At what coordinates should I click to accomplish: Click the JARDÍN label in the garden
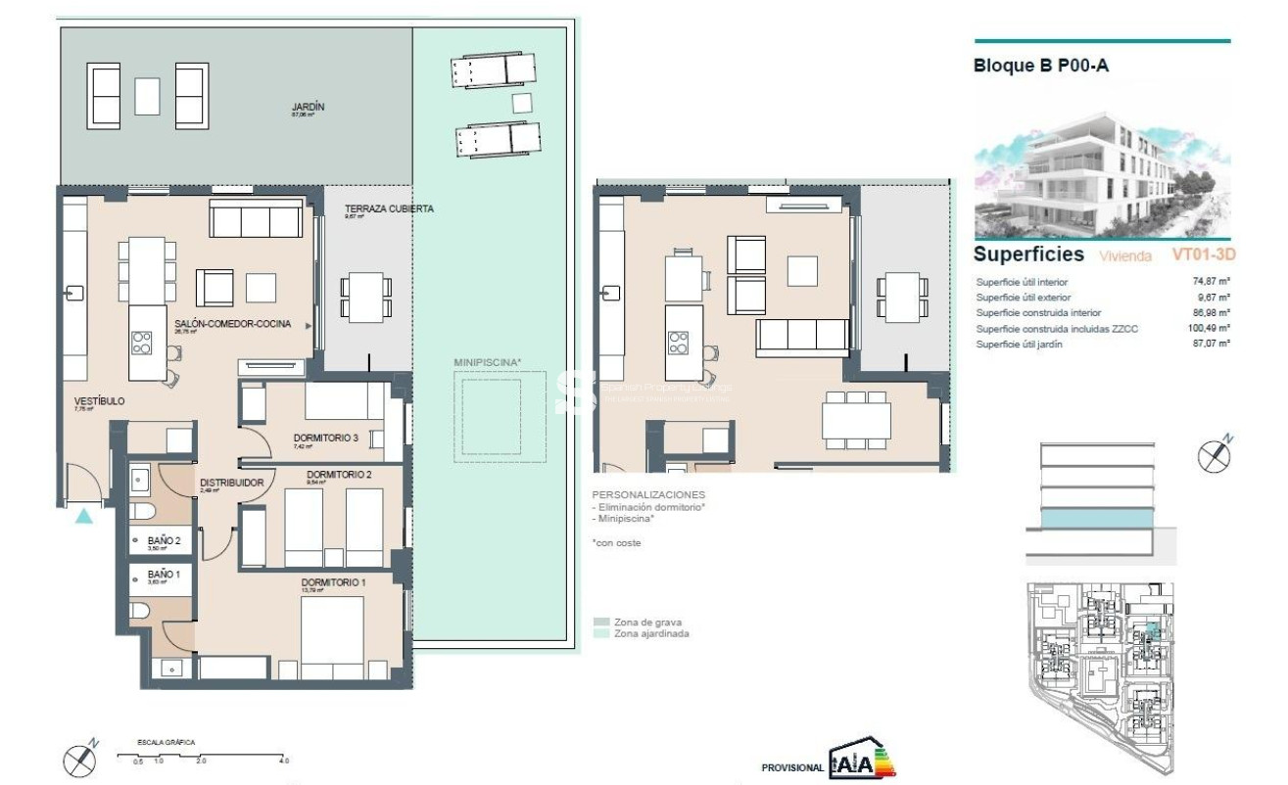pyautogui.click(x=308, y=108)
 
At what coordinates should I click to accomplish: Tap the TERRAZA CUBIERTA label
pyautogui.click(x=389, y=208)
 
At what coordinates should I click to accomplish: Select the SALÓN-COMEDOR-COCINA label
pyautogui.click(x=232, y=324)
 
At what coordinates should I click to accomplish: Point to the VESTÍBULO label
pyautogui.click(x=99, y=401)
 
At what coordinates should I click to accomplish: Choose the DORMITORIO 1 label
pyautogui.click(x=332, y=582)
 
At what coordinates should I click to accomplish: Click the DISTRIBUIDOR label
pyautogui.click(x=231, y=483)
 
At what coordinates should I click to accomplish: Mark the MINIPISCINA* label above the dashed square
pyautogui.click(x=487, y=362)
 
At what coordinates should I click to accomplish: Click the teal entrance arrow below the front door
pyautogui.click(x=85, y=515)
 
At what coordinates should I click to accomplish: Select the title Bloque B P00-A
pyautogui.click(x=1040, y=67)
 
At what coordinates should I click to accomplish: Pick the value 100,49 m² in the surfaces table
pyautogui.click(x=1209, y=329)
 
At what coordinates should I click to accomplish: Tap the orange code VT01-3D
pyautogui.click(x=1204, y=254)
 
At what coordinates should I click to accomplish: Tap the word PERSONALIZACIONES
pyautogui.click(x=648, y=495)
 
